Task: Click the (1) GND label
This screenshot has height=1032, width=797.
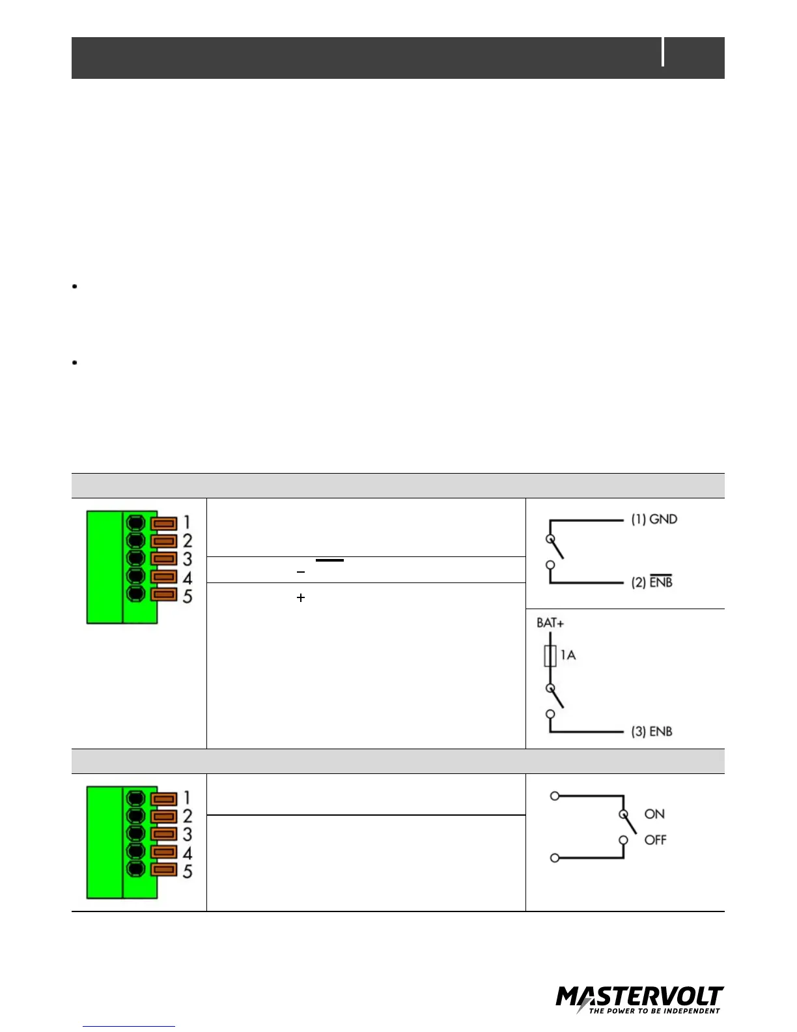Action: pyautogui.click(x=654, y=519)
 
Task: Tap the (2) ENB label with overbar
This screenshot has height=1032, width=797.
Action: pyautogui.click(x=651, y=582)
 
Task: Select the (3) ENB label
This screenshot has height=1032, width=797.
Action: pyautogui.click(x=651, y=731)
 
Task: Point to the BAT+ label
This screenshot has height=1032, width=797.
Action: pyautogui.click(x=550, y=623)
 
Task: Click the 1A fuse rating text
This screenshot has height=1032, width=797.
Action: pyautogui.click(x=568, y=655)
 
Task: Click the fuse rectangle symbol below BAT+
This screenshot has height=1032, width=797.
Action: pyautogui.click(x=550, y=655)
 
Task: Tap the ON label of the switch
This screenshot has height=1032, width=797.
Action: pyautogui.click(x=654, y=814)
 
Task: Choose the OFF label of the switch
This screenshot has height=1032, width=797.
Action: pyautogui.click(x=655, y=840)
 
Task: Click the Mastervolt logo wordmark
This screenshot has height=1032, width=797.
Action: pyautogui.click(x=639, y=997)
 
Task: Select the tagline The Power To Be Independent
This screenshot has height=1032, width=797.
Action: pyautogui.click(x=654, y=1011)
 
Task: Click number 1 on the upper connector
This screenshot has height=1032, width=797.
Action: pyautogui.click(x=187, y=522)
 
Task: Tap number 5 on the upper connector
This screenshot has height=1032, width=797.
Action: pyautogui.click(x=188, y=596)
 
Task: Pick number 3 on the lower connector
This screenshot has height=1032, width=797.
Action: pyautogui.click(x=188, y=835)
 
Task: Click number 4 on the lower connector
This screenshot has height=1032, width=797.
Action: pyautogui.click(x=188, y=853)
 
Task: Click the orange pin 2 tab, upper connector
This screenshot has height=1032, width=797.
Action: pyautogui.click(x=163, y=541)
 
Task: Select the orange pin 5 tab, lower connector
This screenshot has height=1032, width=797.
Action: pyautogui.click(x=163, y=870)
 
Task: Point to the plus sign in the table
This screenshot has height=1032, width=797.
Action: pyautogui.click(x=301, y=597)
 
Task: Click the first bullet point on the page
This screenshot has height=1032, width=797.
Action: pyautogui.click(x=76, y=286)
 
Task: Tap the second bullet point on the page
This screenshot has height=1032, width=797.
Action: pyautogui.click(x=76, y=362)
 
